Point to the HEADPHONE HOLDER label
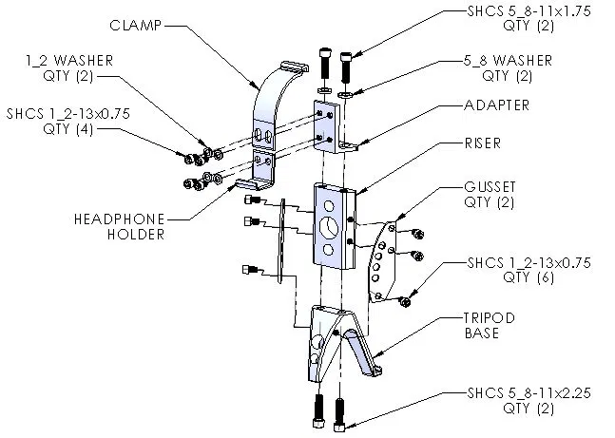point(118,225)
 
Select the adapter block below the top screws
point(333,128)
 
